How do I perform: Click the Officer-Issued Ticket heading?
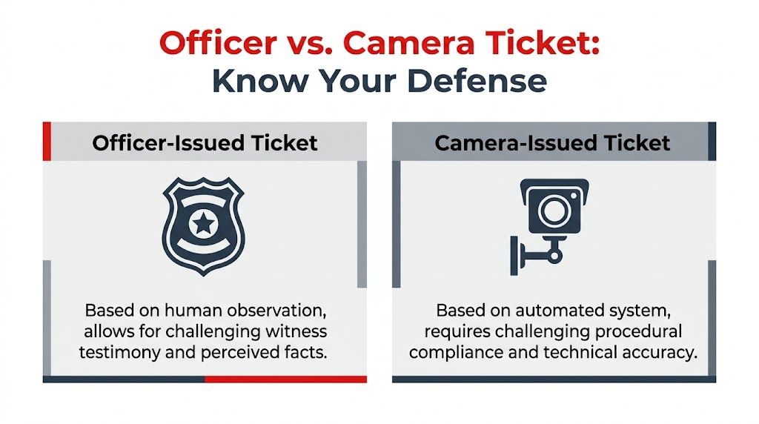point(205,142)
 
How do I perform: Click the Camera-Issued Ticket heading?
point(553,142)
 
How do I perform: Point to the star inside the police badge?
point(203,222)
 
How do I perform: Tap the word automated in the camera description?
point(535,310)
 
